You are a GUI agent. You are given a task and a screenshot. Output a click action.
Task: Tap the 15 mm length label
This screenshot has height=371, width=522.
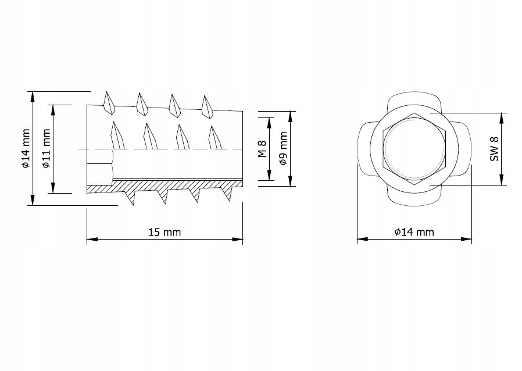coord(165,232)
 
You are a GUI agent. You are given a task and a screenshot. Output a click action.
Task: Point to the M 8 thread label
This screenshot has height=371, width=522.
coord(262,148)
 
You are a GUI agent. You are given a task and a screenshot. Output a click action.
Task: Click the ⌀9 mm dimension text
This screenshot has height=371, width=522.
coord(283,148)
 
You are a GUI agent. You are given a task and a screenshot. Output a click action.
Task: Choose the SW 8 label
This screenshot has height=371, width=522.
coord(495,149)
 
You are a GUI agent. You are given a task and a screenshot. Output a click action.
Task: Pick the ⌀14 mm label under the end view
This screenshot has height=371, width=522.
coord(414,232)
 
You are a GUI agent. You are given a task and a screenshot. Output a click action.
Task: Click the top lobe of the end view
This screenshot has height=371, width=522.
coord(414,99)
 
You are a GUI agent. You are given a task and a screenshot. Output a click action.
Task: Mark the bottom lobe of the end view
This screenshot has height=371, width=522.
coord(414,198)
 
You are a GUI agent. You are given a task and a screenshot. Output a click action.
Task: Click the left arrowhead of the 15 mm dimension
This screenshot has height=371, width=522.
coord(90,238)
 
